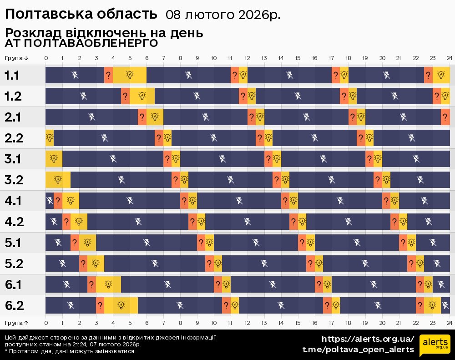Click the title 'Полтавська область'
point(81,14)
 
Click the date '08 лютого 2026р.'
point(223,15)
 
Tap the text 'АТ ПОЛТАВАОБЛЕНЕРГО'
point(81,43)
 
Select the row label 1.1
point(12,76)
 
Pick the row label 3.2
point(14,180)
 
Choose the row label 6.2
point(14,305)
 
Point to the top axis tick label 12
point(247,58)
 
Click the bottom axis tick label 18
point(348,323)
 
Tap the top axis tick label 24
point(449,58)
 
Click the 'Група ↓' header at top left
point(17,58)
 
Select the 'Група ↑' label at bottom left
point(17,323)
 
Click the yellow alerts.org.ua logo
point(435,344)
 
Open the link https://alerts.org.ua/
point(368,339)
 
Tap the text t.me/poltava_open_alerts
point(358,350)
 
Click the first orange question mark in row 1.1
point(108,75)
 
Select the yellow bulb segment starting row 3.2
point(58,180)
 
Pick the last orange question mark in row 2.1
point(445,117)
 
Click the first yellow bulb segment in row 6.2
point(121,305)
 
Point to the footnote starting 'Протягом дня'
point(70,351)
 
